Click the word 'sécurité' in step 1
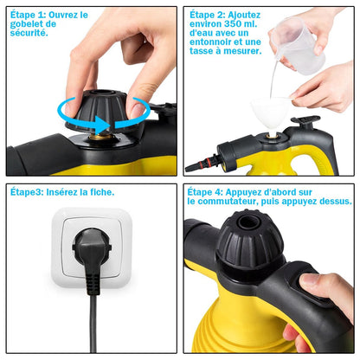28,33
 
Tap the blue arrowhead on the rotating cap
103,125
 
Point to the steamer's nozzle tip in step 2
190,168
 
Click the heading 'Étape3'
27,192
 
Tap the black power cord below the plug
93,323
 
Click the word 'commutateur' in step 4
227,202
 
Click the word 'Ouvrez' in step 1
60,15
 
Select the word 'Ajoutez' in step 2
244,15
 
